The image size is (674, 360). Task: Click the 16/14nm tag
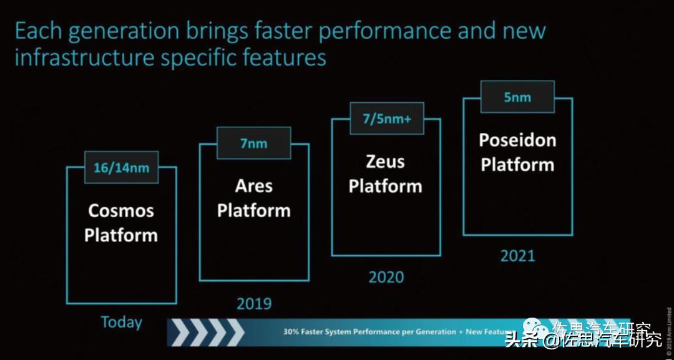(x=121, y=167)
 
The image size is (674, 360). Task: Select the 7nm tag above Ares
(x=253, y=143)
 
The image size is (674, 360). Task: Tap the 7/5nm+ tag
(x=386, y=119)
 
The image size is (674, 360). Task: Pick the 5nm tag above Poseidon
(x=517, y=97)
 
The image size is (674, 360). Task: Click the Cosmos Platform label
(x=121, y=223)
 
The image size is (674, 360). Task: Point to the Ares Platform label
(x=253, y=198)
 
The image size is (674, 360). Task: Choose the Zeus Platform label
(x=385, y=173)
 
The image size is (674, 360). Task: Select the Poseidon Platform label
(x=517, y=152)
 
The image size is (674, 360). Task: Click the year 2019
(x=254, y=304)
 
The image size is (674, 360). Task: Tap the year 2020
(x=386, y=276)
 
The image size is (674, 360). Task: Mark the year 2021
(x=517, y=255)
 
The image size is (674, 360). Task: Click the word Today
(x=121, y=322)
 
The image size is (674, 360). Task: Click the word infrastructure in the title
(x=84, y=58)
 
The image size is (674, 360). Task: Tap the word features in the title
(x=285, y=58)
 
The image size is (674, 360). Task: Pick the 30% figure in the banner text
(x=291, y=332)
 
